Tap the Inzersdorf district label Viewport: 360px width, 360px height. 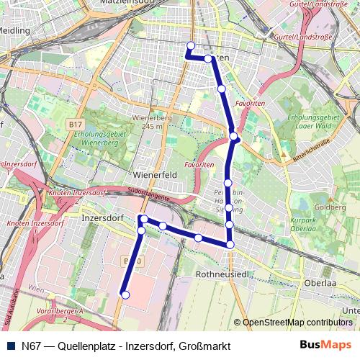100,216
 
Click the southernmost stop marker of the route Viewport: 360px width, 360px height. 125,294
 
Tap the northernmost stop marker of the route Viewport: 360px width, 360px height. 190,46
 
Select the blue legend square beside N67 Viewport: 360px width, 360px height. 9,346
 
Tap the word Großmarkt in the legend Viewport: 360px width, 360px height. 205,346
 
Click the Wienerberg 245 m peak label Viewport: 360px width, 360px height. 151,122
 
